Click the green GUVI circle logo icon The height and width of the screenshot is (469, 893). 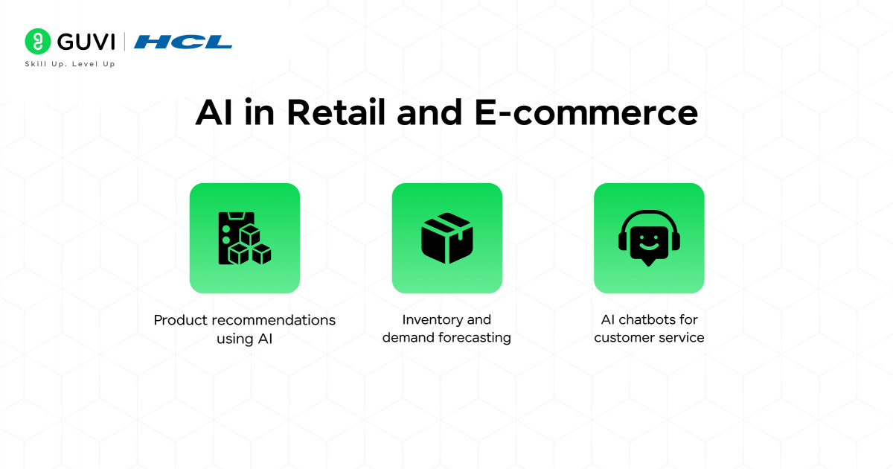(x=37, y=41)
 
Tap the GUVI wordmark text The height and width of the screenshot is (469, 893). (x=83, y=41)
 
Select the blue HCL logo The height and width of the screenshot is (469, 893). (x=183, y=42)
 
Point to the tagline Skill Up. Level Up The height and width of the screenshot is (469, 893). (x=70, y=64)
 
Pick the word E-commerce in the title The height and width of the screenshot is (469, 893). (x=586, y=113)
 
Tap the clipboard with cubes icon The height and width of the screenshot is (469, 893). (x=244, y=238)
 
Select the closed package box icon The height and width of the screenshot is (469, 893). (x=446, y=238)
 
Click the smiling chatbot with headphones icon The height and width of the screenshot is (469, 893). (x=649, y=237)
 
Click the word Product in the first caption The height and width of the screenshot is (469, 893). (x=181, y=320)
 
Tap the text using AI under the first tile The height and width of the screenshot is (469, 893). (x=244, y=338)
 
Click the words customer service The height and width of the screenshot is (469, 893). (x=649, y=338)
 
